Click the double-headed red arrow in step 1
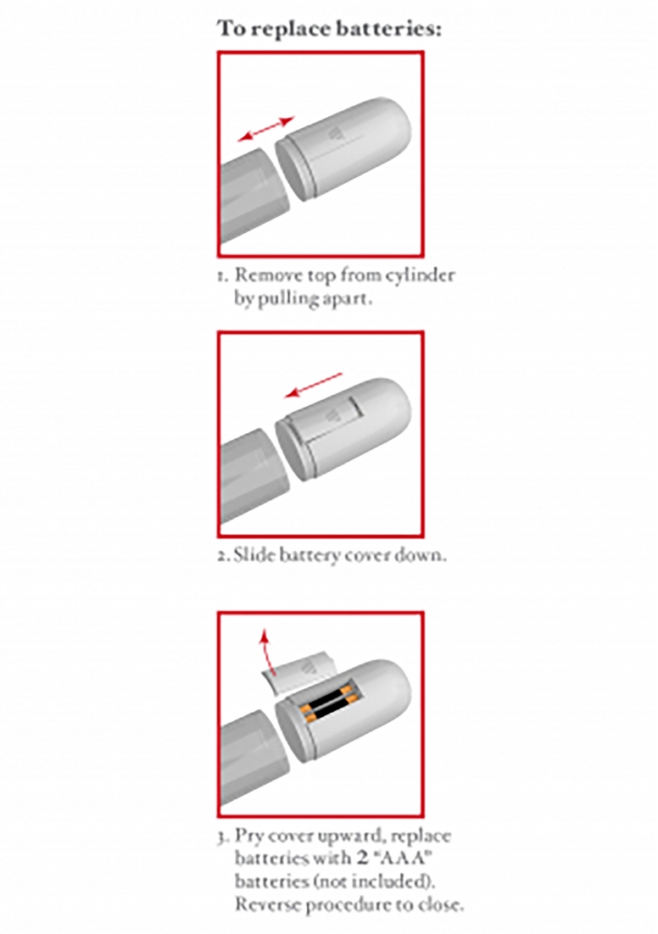(x=265, y=129)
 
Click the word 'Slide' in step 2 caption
(x=249, y=555)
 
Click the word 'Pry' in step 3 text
(x=249, y=837)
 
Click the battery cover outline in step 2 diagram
(x=334, y=422)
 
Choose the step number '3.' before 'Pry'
(x=223, y=837)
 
